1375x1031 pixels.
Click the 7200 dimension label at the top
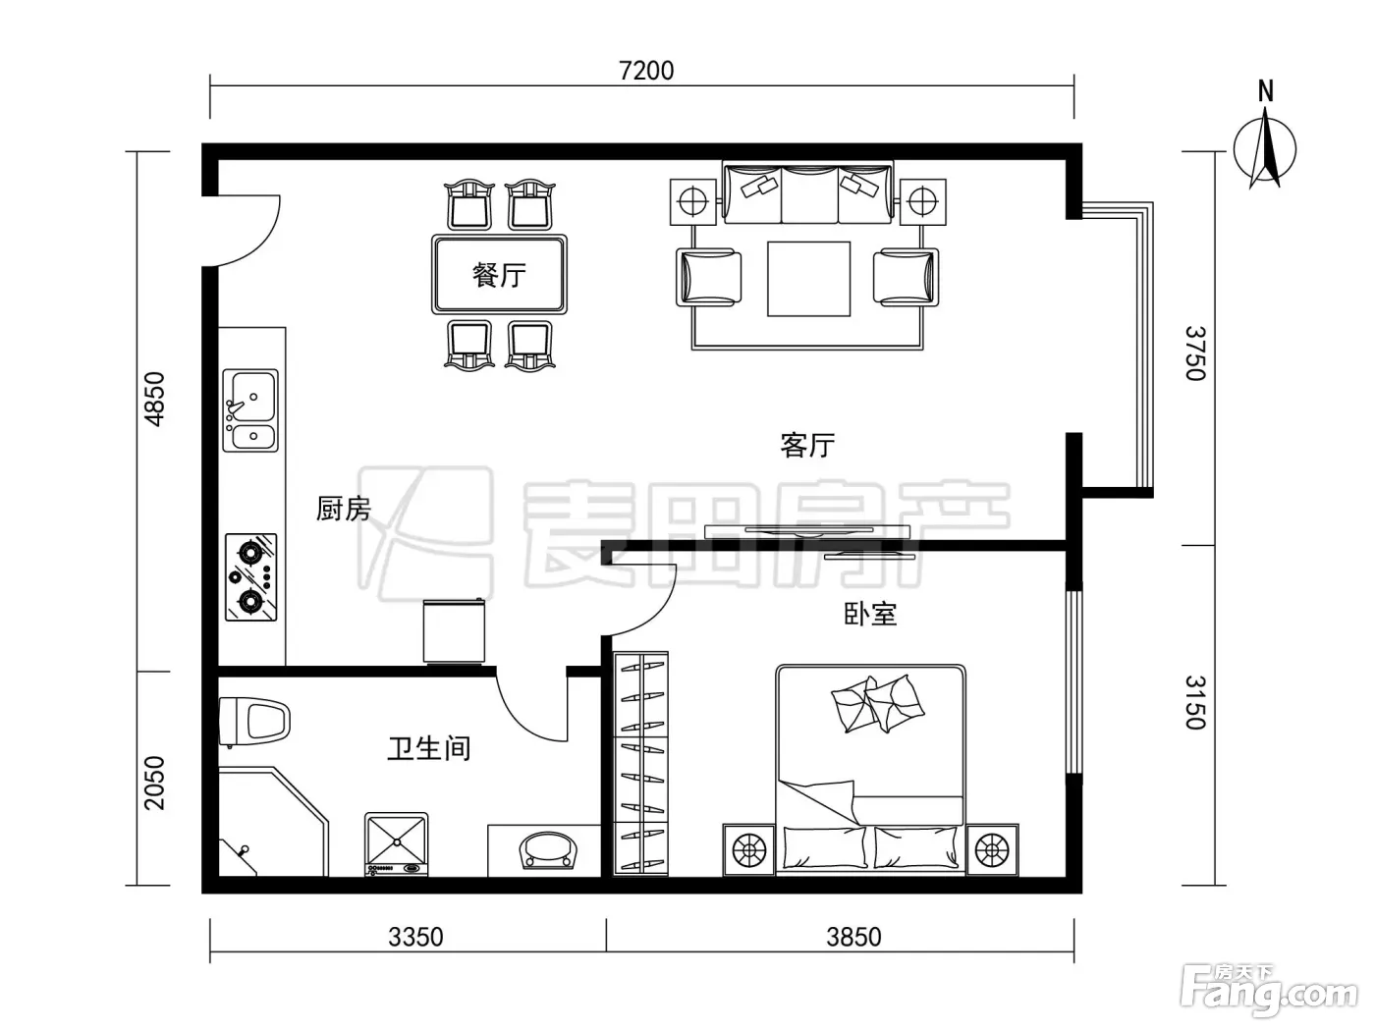646,71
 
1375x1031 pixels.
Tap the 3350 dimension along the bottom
415,937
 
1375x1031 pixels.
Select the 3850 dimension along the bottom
853,937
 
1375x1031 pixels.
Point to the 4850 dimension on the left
154,399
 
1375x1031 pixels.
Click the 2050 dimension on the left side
154,784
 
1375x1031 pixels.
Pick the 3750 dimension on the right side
1195,353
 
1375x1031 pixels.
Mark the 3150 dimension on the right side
1195,702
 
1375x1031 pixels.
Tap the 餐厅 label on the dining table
499,275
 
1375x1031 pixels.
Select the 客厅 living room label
807,446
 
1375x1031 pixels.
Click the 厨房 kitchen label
344,509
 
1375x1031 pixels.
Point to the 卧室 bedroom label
870,614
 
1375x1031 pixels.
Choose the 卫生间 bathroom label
429,748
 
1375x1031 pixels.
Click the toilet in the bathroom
255,722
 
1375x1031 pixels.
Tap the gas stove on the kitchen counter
250,577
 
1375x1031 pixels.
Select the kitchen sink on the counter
250,410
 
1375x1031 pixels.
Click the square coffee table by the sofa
808,279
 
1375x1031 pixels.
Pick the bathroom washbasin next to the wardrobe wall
548,850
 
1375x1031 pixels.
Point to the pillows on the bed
877,703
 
